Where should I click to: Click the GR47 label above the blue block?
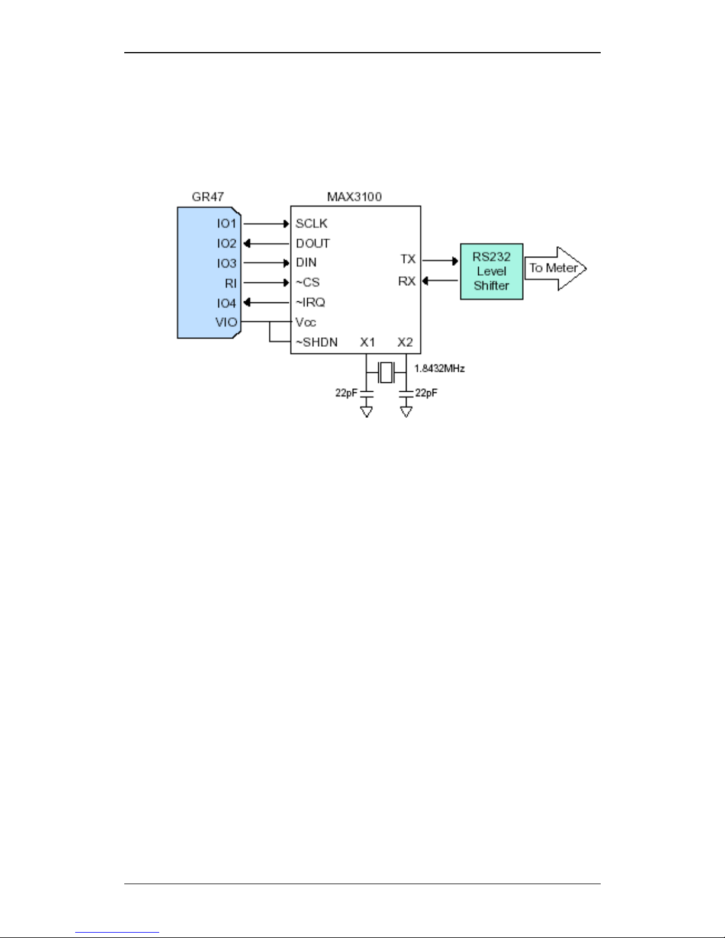pos(208,196)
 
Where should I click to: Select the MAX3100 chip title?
pos(354,196)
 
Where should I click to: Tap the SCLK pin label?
pos(311,224)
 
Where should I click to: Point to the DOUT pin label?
pos(312,243)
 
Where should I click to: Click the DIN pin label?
pos(306,263)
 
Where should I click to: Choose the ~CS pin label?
pos(308,282)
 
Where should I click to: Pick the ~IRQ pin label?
pos(310,302)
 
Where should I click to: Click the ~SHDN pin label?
pos(317,342)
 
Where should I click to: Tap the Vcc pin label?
pos(305,323)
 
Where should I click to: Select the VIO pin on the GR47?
pos(226,323)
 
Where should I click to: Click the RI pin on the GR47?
pos(230,283)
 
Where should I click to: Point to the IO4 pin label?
pos(226,303)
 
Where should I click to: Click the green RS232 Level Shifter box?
pos(491,271)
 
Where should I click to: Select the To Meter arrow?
pos(555,268)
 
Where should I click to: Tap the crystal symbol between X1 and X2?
pos(386,372)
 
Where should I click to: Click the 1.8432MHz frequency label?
pos(439,369)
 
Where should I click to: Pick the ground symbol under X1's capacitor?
pos(366,411)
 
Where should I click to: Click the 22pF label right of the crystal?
pos(426,393)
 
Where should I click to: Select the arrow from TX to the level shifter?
pos(440,260)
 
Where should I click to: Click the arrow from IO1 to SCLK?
pos(266,224)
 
